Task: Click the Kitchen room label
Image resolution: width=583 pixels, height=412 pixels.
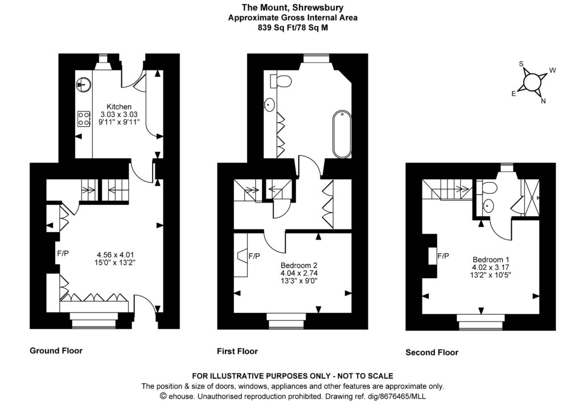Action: (119, 106)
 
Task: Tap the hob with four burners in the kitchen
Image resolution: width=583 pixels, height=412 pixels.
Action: (83, 118)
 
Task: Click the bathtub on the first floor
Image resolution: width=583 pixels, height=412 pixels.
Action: (342, 135)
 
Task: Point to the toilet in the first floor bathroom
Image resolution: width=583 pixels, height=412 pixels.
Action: (281, 83)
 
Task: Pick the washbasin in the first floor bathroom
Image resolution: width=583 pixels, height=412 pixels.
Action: (269, 105)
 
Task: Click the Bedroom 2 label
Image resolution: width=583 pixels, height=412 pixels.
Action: (299, 265)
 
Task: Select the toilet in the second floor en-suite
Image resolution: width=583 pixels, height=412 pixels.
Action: (488, 188)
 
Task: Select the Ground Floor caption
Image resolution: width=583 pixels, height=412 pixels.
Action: (56, 351)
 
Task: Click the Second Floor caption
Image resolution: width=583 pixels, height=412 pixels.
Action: (432, 352)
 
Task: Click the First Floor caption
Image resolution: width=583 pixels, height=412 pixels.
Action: (237, 351)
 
